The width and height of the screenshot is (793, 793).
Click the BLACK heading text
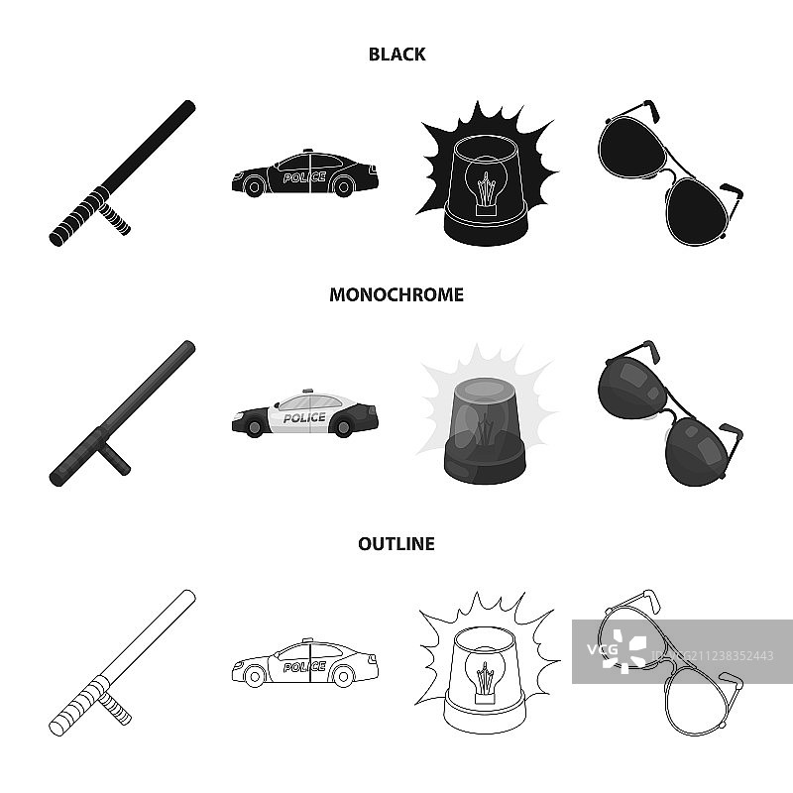[396, 55]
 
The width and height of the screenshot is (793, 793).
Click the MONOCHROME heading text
[396, 294]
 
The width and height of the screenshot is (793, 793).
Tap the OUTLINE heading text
[396, 543]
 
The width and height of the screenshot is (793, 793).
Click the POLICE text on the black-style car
[304, 177]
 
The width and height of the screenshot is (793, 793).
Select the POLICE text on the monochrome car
[304, 417]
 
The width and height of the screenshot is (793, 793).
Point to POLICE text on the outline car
[304, 667]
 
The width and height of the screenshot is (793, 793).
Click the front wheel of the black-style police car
[255, 187]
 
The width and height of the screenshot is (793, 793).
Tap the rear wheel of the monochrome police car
[343, 428]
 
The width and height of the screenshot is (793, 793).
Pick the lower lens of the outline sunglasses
[697, 702]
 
